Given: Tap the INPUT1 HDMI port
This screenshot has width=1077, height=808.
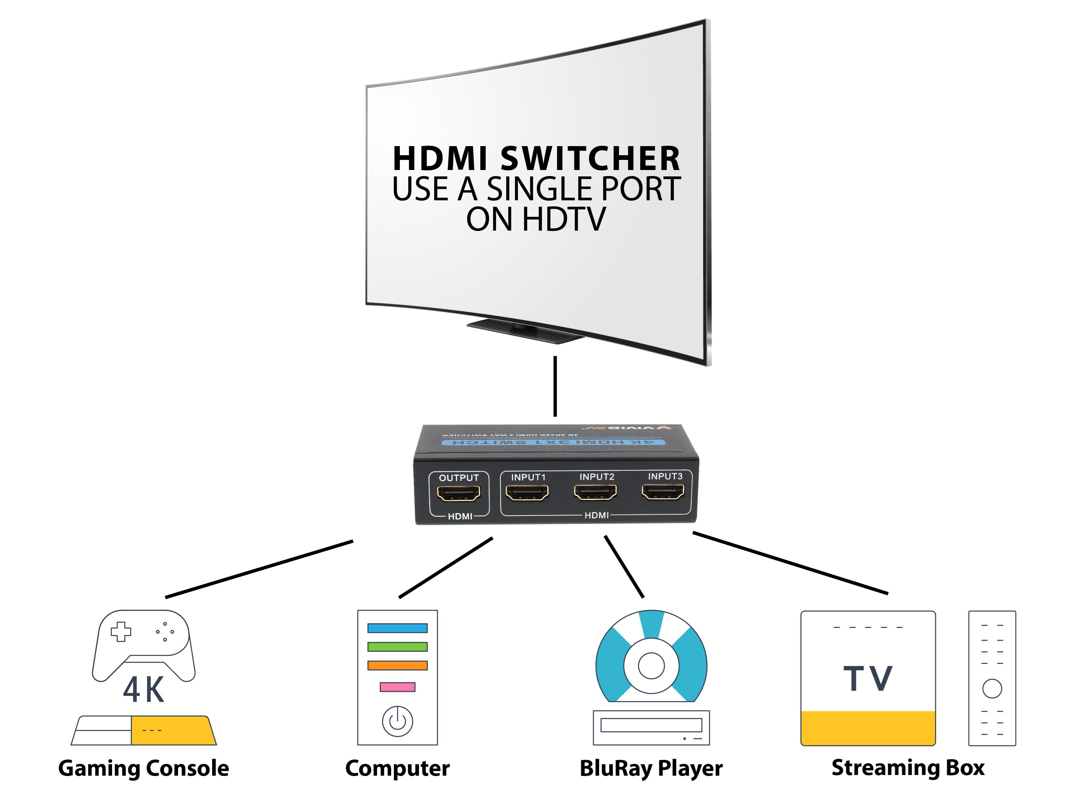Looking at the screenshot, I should pyautogui.click(x=527, y=493).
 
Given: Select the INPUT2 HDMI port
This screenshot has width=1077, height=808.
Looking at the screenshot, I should pyautogui.click(x=595, y=493).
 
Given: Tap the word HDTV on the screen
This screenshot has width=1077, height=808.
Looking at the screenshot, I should pyautogui.click(x=564, y=219).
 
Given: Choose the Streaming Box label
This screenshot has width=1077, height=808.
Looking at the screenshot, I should pyautogui.click(x=908, y=768).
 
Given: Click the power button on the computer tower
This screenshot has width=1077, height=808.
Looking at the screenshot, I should pyautogui.click(x=397, y=721).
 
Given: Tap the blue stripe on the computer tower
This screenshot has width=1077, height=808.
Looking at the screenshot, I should pyautogui.click(x=397, y=628).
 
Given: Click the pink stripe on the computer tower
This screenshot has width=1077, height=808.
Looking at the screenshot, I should pyautogui.click(x=397, y=687).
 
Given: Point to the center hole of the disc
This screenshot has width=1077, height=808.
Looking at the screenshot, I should pyautogui.click(x=651, y=666).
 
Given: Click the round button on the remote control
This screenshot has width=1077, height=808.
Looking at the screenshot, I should pyautogui.click(x=992, y=689).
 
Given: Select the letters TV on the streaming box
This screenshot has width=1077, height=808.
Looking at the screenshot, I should pyautogui.click(x=868, y=678).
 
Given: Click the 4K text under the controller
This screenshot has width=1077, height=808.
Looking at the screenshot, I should pyautogui.click(x=144, y=689).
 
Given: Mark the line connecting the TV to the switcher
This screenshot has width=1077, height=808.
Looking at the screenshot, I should pyautogui.click(x=555, y=386).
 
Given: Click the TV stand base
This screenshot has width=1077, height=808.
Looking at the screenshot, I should pyautogui.click(x=526, y=331).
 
